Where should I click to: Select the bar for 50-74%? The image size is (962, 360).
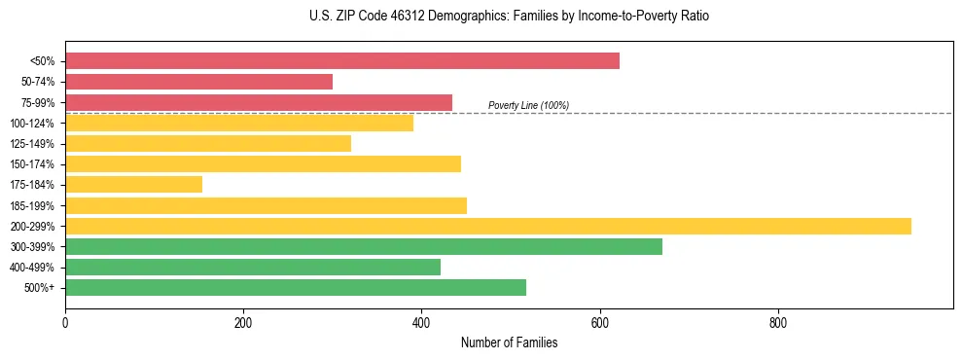[x=198, y=82]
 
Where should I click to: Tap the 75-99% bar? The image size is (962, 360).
[x=259, y=102]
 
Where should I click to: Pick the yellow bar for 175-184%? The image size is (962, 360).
[x=133, y=185]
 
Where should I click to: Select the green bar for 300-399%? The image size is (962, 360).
[x=364, y=246]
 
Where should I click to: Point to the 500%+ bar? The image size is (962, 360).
[x=296, y=287]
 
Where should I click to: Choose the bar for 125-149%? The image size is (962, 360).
[x=208, y=143]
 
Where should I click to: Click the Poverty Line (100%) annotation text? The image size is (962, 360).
[x=528, y=105]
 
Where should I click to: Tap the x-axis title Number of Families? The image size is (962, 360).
[x=509, y=342]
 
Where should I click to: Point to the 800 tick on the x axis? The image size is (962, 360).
[x=778, y=323]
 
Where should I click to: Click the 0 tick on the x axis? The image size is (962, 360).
[x=65, y=323]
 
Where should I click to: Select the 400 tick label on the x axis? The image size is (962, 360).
[x=421, y=323]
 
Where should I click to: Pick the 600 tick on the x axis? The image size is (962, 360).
[x=600, y=323]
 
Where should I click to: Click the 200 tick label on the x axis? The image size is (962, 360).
[x=243, y=323]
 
